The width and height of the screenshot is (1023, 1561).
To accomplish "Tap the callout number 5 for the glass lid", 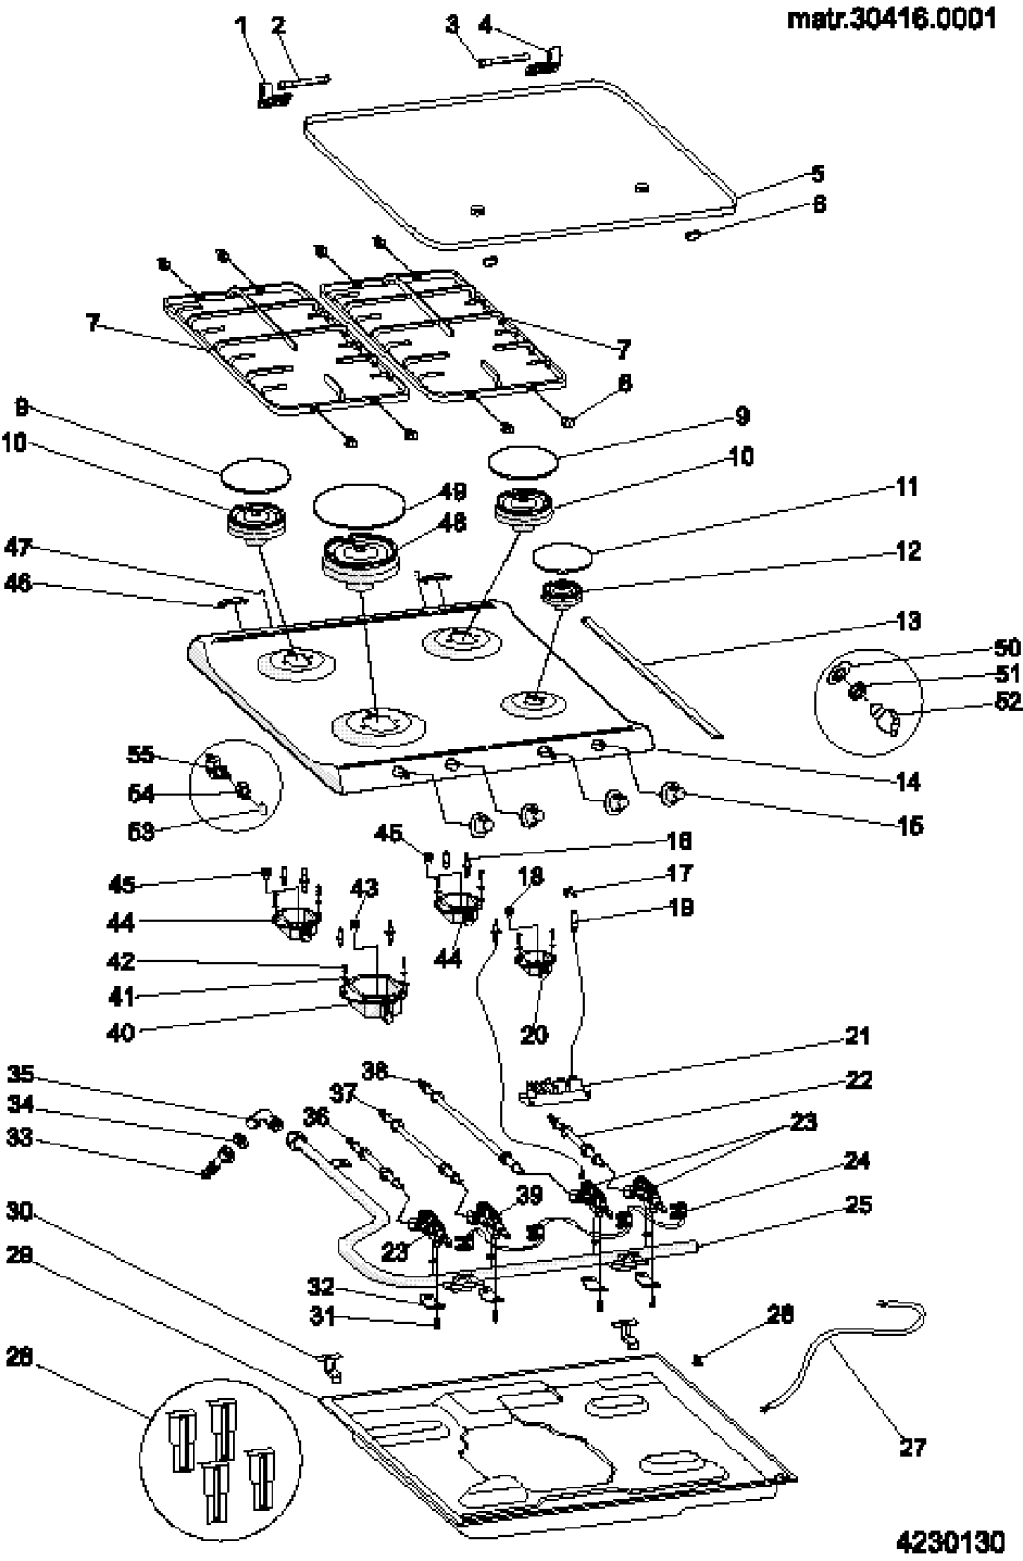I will click(817, 174).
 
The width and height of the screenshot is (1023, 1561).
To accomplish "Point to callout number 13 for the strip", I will click(909, 620).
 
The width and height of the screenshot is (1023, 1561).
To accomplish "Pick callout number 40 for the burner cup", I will click(122, 1032).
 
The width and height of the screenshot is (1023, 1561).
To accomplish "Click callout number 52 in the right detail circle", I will click(1007, 702).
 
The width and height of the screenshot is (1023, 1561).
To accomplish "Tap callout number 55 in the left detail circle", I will click(141, 753).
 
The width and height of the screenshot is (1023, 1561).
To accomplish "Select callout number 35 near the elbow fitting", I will click(21, 1075).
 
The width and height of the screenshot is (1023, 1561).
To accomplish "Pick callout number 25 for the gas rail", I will click(859, 1205).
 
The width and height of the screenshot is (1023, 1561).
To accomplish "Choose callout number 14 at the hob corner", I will click(910, 782).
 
